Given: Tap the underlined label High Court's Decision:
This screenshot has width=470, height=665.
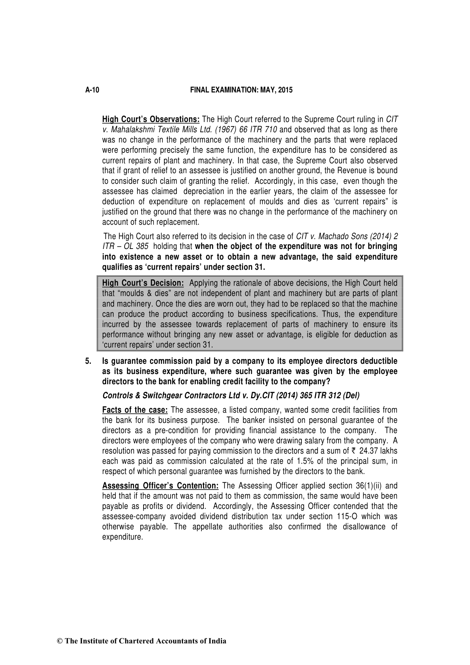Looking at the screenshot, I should [x=143, y=283].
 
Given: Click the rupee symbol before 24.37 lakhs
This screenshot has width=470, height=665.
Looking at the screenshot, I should [x=354, y=451].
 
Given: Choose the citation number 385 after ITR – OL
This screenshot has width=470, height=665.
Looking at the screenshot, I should [x=142, y=247].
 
